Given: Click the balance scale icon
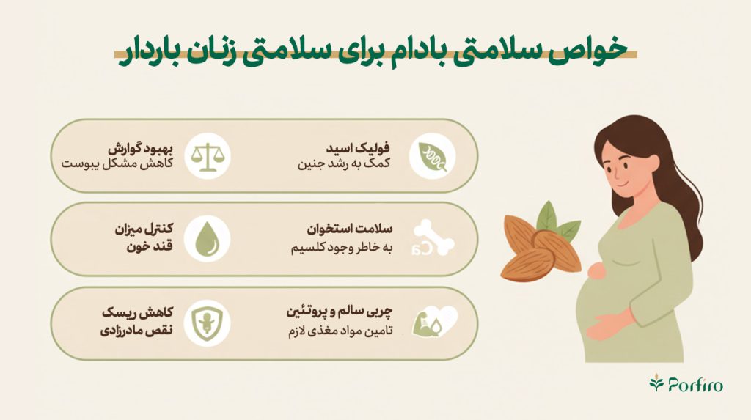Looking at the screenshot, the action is coord(208,156).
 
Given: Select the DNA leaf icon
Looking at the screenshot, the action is coord(432,156).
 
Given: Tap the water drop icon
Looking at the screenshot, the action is coord(208,239).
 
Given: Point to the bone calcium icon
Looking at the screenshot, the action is coord(433,238).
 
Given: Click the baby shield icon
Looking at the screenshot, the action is coord(207,323).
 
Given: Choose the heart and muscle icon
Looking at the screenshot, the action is coord(434,322).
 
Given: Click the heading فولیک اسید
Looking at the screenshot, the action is coord(358,148).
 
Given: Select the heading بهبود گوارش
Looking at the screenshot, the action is coord(140,148).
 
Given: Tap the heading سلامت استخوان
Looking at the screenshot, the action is coord(350,229).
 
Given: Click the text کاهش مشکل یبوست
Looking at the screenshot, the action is coord(117,163).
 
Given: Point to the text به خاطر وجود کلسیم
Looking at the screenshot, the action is coord(342,247).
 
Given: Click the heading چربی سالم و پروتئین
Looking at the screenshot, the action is coord(340,312).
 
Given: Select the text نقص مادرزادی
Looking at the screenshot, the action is coord(136,331).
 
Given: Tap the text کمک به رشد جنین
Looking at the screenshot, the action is coord(344,163).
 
